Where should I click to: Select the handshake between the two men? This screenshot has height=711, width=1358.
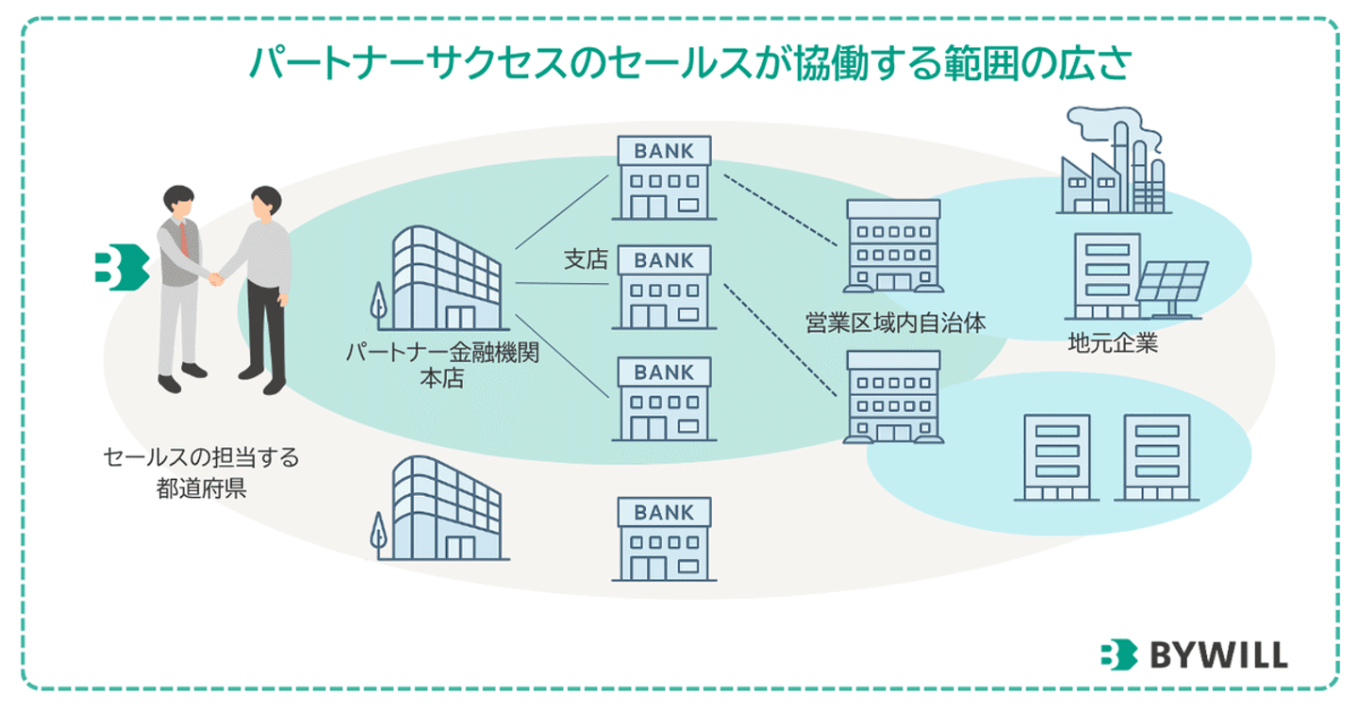point(216,277)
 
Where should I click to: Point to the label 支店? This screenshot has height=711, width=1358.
point(585,260)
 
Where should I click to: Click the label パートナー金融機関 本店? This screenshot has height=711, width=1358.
point(440,368)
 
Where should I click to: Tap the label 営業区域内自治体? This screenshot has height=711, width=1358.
point(895,322)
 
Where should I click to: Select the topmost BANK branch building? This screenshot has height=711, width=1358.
point(664,179)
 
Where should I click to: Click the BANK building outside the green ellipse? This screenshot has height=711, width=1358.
point(663,539)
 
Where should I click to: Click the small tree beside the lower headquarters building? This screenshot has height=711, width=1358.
point(378,536)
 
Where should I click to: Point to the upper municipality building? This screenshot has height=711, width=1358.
point(892,245)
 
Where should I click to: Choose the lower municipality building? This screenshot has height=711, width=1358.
point(892,396)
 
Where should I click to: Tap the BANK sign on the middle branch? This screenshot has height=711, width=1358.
point(664,260)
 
